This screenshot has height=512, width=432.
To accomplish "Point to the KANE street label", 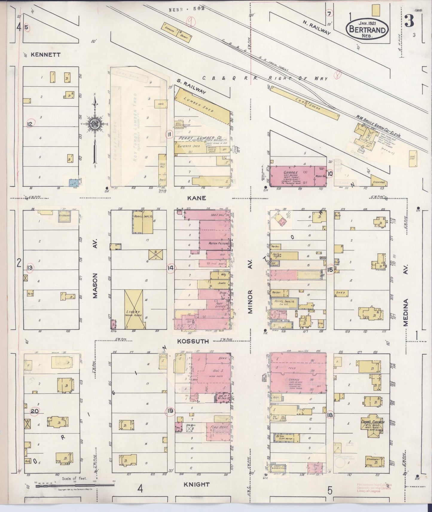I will (x=197, y=198).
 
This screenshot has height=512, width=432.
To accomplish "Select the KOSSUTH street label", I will (x=197, y=341).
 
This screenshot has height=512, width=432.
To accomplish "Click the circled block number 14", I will (x=170, y=268).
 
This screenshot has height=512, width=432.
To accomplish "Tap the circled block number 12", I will (x=30, y=123).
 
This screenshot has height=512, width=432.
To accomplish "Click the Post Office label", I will (x=221, y=305).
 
